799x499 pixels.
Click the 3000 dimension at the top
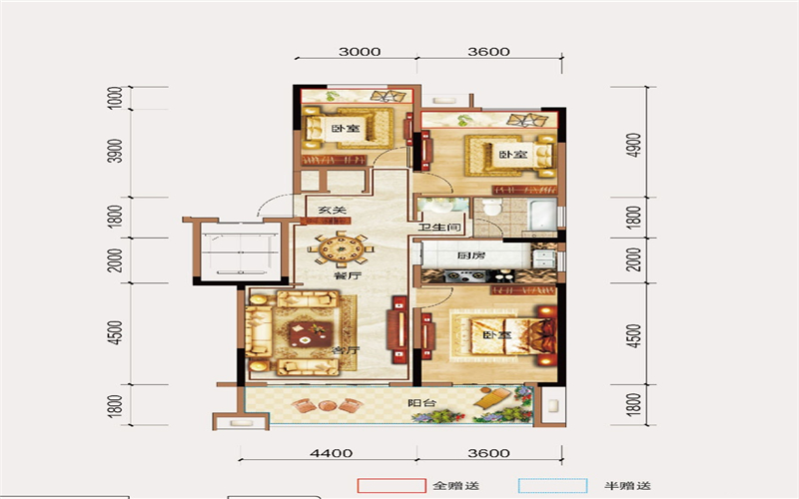pyautogui.click(x=360, y=52)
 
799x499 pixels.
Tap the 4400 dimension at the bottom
pyautogui.click(x=332, y=453)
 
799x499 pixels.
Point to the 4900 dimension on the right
pyautogui.click(x=634, y=145)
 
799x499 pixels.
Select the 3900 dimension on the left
pyautogui.click(x=116, y=151)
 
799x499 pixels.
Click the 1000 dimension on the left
pyautogui.click(x=116, y=97)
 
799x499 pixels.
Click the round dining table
pyautogui.click(x=340, y=249)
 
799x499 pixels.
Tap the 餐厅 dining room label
pyautogui.click(x=347, y=276)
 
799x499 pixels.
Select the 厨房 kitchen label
pyautogui.click(x=470, y=255)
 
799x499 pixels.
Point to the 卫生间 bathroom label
pyautogui.click(x=439, y=228)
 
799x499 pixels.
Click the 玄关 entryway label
pyautogui.click(x=333, y=210)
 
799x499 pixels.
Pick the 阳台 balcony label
pyautogui.click(x=421, y=403)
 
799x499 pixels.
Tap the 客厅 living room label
pyautogui.click(x=346, y=350)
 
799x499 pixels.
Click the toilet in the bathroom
pyautogui.click(x=491, y=208)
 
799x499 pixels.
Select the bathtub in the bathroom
pyautogui.click(x=541, y=216)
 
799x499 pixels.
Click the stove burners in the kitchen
pyautogui.click(x=464, y=276)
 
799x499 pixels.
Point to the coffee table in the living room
pyautogui.click(x=311, y=334)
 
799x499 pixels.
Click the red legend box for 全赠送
pyautogui.click(x=392, y=486)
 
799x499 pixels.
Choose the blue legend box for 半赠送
pyautogui.click(x=553, y=486)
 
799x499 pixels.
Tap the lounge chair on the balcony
pyautogui.click(x=491, y=397)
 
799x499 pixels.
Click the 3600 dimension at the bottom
pyautogui.click(x=488, y=453)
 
